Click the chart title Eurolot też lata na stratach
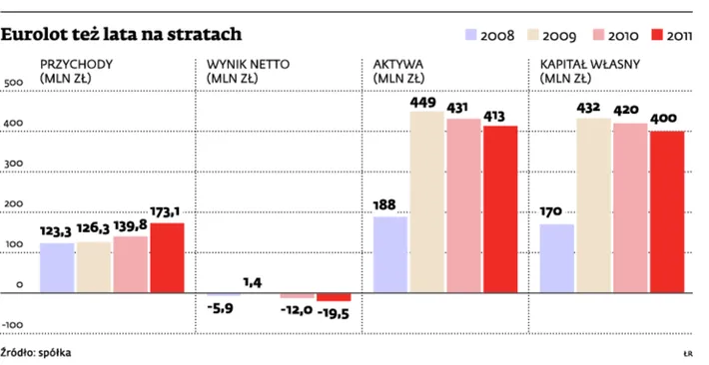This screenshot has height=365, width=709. pyautogui.click(x=121, y=35)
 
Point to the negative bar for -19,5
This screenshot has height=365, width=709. pyautogui.click(x=334, y=297)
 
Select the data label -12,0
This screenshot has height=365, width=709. pyautogui.click(x=297, y=310)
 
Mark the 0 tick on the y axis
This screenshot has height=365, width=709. pyautogui.click(x=18, y=285)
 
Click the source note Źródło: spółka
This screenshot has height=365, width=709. pyautogui.click(x=36, y=352)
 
